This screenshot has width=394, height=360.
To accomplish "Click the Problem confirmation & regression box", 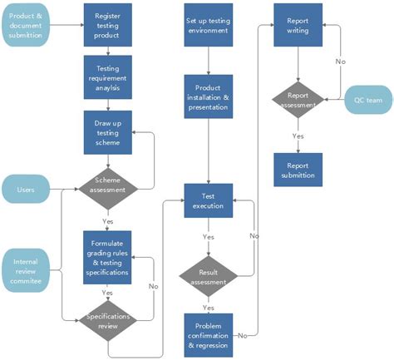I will point(208,333).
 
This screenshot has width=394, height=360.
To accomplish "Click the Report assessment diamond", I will point(298,101).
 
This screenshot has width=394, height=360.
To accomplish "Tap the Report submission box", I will point(298,169).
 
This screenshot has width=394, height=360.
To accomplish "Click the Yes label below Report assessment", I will point(298,136).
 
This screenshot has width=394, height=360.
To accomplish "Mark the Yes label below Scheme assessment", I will point(108,222).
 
